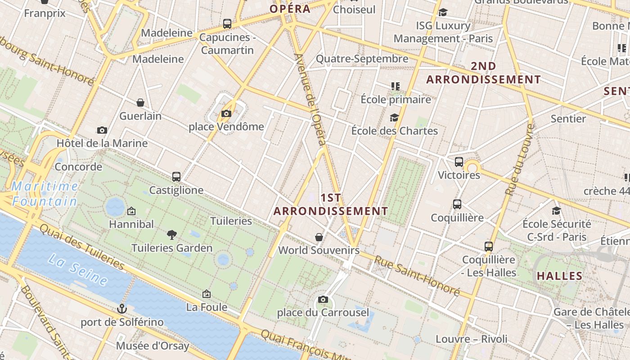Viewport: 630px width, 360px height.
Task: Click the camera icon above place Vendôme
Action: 226,114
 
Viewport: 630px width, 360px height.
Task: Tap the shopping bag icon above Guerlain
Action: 140,103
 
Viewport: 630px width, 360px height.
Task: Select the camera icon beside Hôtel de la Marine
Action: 102,130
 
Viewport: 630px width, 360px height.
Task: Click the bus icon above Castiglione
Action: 176,177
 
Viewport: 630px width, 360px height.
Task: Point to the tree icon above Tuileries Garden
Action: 171,234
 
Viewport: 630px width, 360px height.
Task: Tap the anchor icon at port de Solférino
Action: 121,309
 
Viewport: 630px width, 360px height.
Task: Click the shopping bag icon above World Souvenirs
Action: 319,237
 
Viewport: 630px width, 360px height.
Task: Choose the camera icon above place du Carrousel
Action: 323,300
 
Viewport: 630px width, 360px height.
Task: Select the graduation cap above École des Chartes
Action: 394,118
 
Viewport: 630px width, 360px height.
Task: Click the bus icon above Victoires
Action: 459,162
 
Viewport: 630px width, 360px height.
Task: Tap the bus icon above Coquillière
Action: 457,204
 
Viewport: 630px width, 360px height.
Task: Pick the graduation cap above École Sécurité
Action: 557,211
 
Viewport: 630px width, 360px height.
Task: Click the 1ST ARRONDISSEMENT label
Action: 331,204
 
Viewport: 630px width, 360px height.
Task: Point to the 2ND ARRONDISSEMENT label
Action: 483,73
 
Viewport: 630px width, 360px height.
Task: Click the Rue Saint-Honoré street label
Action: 417,276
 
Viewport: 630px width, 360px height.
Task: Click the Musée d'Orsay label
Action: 153,346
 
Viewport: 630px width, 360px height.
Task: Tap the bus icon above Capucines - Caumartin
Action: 227,24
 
